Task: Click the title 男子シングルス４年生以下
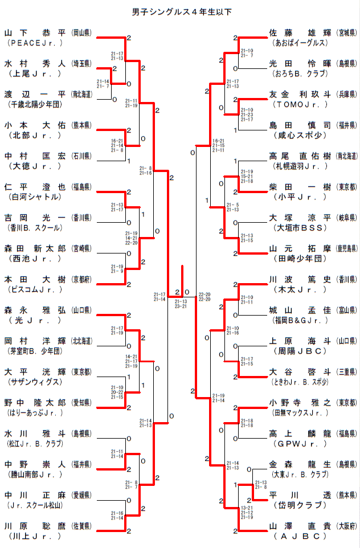(x=180, y=11)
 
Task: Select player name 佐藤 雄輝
(x=299, y=33)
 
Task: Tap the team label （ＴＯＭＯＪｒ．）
(x=300, y=104)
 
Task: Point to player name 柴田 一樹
(x=299, y=187)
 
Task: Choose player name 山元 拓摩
(x=299, y=248)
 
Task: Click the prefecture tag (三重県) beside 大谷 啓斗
(x=346, y=371)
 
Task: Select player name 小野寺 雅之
(x=299, y=402)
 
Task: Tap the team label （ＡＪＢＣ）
(x=300, y=535)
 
